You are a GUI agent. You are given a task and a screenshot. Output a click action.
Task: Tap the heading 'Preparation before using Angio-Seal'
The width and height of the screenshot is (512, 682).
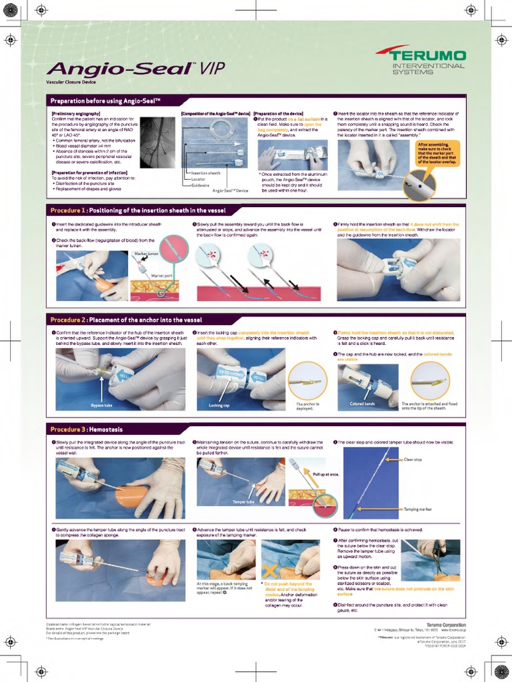(x=107, y=100)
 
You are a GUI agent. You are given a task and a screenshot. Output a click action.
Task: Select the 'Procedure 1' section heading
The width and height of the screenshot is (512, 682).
(x=138, y=210)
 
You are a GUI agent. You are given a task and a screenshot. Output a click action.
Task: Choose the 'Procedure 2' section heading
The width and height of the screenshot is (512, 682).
(x=126, y=320)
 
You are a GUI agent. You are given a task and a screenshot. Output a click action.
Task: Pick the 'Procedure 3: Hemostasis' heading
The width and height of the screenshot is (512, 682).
(x=87, y=430)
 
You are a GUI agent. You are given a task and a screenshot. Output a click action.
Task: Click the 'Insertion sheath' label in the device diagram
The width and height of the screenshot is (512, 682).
(x=206, y=173)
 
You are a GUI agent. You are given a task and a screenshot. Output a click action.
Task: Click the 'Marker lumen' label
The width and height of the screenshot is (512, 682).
(x=147, y=254)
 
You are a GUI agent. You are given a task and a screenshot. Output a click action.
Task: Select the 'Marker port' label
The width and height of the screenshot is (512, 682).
(x=162, y=275)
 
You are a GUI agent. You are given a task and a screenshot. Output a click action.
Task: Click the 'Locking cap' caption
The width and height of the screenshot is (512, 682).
(x=219, y=405)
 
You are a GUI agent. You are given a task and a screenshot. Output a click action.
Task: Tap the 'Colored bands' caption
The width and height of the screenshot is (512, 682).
(x=362, y=404)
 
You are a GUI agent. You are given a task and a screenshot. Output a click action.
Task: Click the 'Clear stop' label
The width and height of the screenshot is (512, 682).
(x=413, y=460)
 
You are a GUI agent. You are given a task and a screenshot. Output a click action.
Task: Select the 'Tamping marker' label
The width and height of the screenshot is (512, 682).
(x=417, y=510)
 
